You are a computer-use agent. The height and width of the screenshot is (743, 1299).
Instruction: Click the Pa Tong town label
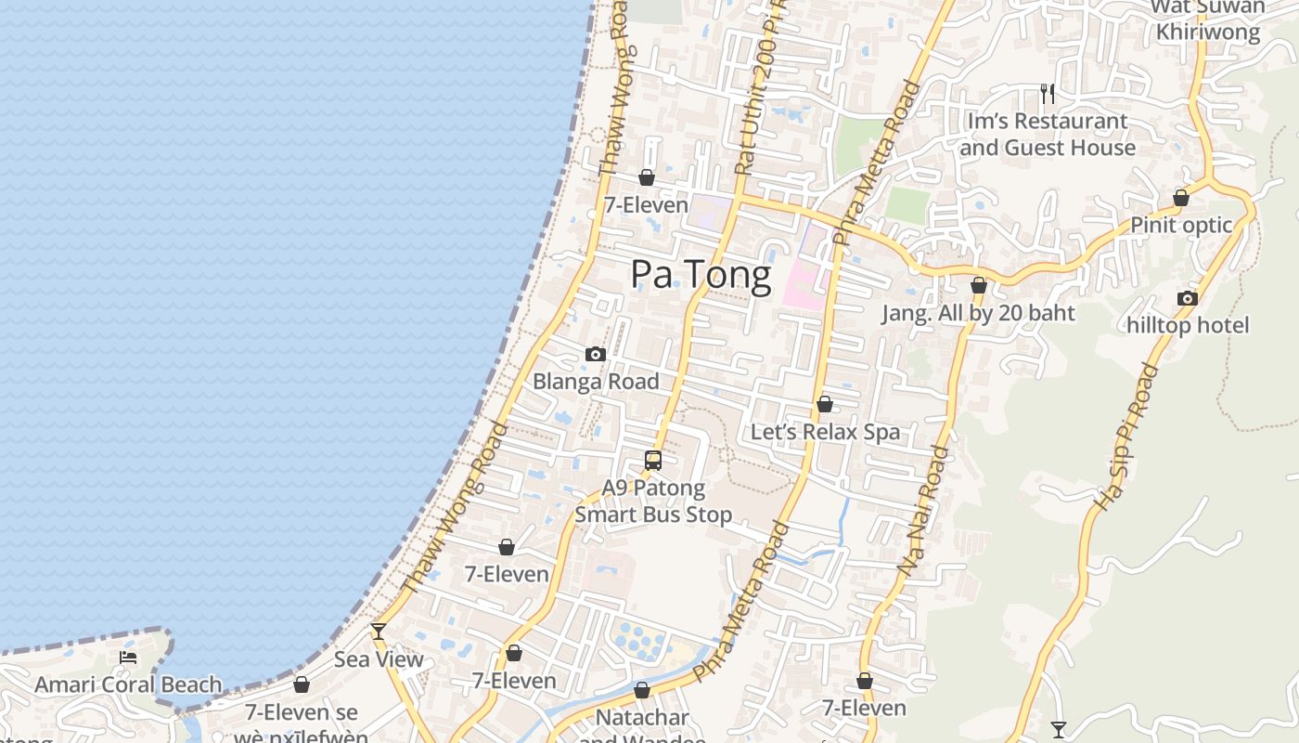pos(701,275)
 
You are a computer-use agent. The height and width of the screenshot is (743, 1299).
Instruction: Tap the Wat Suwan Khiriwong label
pos(1208,20)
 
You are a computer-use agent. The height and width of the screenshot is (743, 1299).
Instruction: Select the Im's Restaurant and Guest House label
pos(1048,135)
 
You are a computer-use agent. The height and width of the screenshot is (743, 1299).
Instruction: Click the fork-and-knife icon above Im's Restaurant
pos(1048,93)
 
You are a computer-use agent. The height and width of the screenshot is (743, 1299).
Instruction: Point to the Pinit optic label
pos(1181,226)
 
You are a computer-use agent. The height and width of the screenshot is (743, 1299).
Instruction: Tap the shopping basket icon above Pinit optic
pos(1181,198)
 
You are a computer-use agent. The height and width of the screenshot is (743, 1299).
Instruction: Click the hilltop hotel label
pos(1188,325)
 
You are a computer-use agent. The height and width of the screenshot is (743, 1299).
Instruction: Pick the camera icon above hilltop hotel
pos(1188,298)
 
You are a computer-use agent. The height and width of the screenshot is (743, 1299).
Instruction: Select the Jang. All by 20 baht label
pos(978,313)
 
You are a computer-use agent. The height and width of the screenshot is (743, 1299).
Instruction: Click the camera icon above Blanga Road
pos(596,354)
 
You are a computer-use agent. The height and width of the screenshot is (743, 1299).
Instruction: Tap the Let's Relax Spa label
pos(825,432)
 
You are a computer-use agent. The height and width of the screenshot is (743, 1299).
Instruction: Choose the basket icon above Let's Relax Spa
pos(824,404)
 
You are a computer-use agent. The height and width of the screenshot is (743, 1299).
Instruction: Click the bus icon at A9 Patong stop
pos(653,460)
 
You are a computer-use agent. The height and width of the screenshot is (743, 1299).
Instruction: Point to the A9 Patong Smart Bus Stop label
pos(653,502)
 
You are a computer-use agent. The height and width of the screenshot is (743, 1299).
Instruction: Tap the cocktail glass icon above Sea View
pos(379,632)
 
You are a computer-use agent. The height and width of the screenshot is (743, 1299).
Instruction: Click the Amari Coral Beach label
pos(128,685)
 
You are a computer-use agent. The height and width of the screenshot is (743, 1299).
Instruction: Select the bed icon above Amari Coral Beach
pos(128,658)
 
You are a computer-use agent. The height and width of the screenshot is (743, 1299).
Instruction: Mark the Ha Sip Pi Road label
pos(1127,437)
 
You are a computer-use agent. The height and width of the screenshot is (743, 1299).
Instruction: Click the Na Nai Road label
pos(924,511)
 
